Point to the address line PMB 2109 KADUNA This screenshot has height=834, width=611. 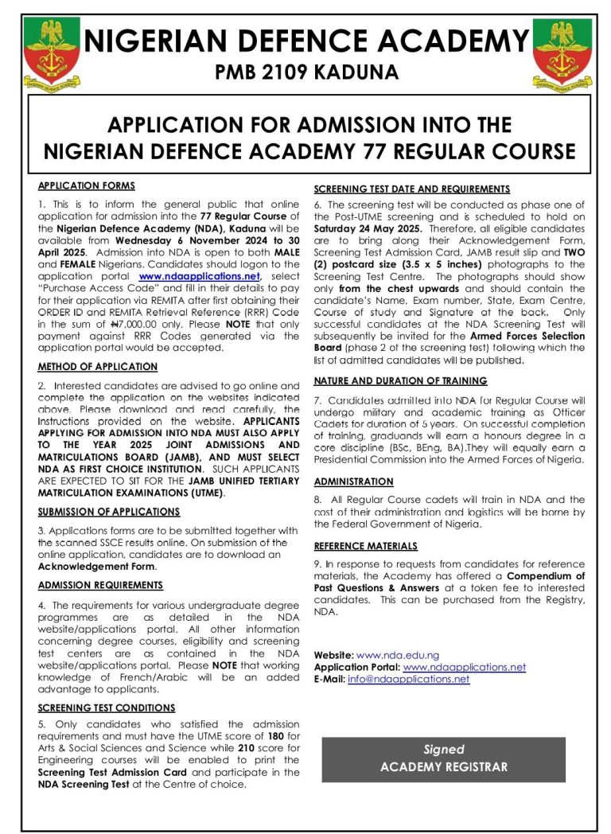point(306,72)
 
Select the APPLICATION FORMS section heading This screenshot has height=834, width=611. point(87,186)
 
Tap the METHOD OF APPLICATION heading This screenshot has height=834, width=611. point(98,367)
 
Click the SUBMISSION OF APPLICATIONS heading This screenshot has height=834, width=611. point(109,512)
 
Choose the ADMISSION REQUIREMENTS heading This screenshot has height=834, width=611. point(100,585)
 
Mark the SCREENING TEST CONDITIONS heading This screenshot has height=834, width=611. point(107,707)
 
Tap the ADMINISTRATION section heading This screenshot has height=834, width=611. point(354,481)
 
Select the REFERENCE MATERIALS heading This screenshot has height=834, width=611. point(365,546)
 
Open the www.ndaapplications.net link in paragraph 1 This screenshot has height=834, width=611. point(205,276)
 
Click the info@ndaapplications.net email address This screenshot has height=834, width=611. point(409,679)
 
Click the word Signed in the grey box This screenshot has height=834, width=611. point(443,750)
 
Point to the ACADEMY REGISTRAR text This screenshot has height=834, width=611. point(443,768)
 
